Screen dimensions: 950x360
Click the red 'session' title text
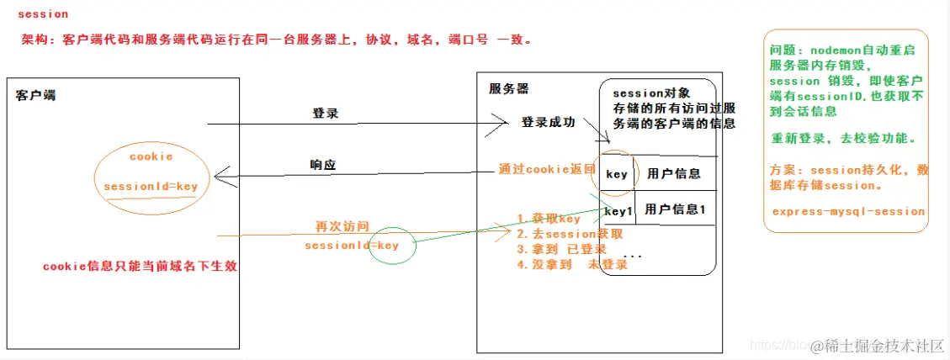(x=43, y=15)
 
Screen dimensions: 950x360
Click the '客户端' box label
(x=36, y=95)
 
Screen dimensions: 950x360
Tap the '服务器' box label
(x=509, y=88)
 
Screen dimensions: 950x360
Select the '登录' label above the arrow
(x=325, y=114)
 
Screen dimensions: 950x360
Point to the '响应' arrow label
(x=323, y=165)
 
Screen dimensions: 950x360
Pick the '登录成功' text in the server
(x=549, y=123)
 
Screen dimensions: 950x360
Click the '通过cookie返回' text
(x=547, y=170)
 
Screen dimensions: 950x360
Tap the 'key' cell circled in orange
(x=617, y=174)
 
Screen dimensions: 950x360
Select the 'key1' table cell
(x=618, y=211)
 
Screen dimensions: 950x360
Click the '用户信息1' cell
(x=675, y=209)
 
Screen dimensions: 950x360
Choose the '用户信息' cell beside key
(x=674, y=174)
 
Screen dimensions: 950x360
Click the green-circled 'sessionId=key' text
(x=352, y=246)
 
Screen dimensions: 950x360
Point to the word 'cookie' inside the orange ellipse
(x=151, y=156)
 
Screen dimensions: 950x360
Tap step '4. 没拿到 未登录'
(x=572, y=264)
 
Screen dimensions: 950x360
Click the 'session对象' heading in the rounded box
(x=651, y=94)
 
